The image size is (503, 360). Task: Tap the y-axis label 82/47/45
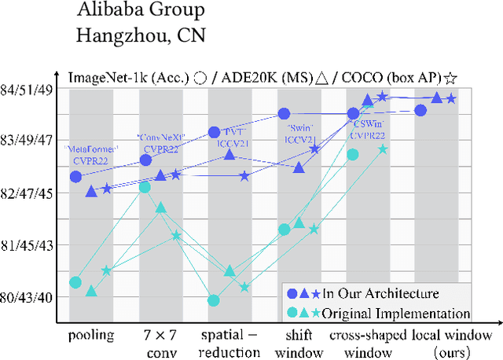tap(29, 193)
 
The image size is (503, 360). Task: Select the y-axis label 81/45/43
tap(29, 245)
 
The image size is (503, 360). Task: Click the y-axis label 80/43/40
tap(29, 297)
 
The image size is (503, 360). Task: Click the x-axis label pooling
tap(91, 335)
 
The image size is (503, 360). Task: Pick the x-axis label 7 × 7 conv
tap(160, 342)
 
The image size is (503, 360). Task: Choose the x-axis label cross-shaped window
tap(366, 342)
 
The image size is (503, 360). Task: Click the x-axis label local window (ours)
tap(451, 342)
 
